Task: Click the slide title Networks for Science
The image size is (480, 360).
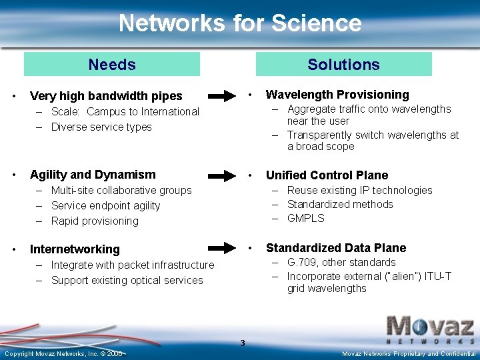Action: coord(240,23)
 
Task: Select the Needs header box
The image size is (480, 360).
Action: coord(112,65)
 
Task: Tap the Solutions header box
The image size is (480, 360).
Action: coord(343,65)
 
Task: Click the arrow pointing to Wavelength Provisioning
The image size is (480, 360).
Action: coord(225,95)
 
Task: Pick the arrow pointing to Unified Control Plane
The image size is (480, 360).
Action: coord(225,175)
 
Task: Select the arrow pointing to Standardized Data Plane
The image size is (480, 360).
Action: coord(225,248)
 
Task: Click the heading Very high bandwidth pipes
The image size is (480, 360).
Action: coord(106,96)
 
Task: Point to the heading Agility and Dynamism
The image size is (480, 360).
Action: coord(93,175)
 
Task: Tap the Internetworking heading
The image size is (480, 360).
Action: coord(75,249)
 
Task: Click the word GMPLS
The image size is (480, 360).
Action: coord(305,218)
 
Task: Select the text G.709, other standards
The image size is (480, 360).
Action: coord(341,263)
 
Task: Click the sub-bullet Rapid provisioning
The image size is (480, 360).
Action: coord(95,221)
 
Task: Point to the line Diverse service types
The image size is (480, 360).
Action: coord(101,127)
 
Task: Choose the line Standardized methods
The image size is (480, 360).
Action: coord(340,204)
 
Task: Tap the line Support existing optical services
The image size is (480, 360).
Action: coord(127,280)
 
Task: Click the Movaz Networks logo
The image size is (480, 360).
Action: coord(431,327)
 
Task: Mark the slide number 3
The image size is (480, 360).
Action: coord(243,343)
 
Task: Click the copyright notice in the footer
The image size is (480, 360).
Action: coord(63,353)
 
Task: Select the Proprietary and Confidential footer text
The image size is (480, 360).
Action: coord(409,353)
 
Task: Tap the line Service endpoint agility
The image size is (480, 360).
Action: coord(105,205)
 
